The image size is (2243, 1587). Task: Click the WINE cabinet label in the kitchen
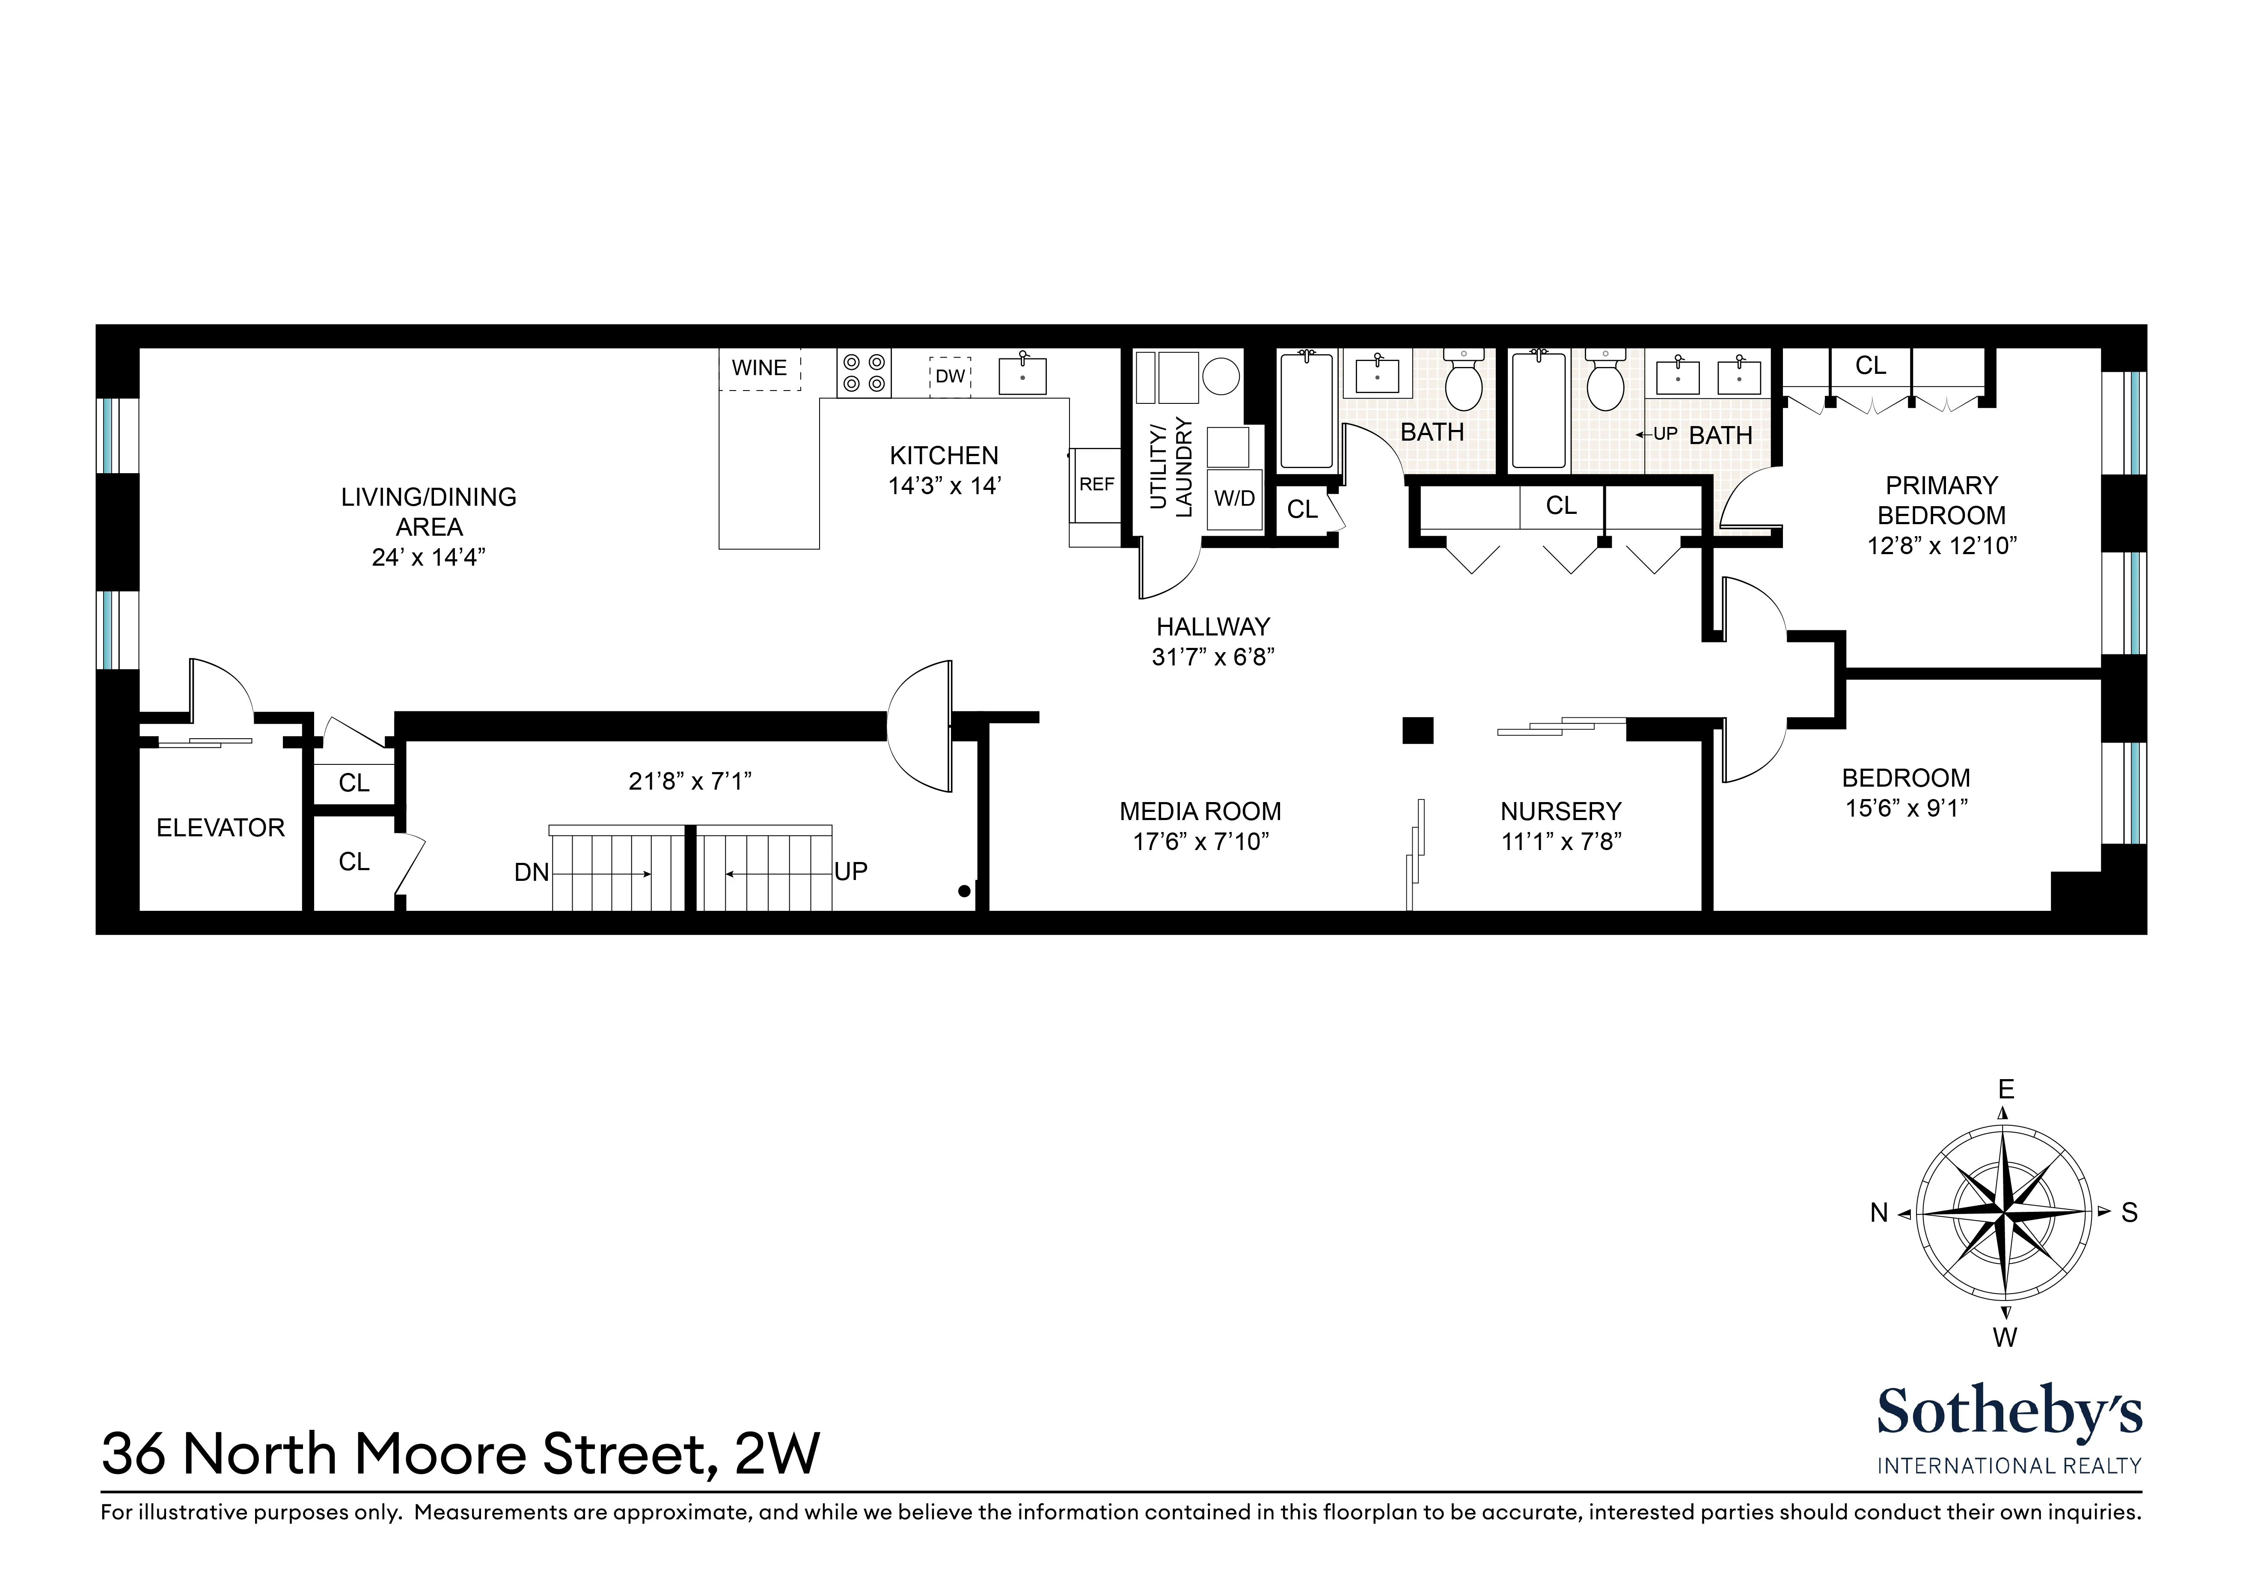click(759, 368)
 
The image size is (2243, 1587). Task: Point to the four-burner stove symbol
click(864, 373)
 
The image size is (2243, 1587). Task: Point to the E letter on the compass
click(2005, 1089)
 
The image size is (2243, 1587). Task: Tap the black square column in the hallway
click(1417, 730)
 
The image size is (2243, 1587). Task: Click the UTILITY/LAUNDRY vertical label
click(1171, 467)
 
